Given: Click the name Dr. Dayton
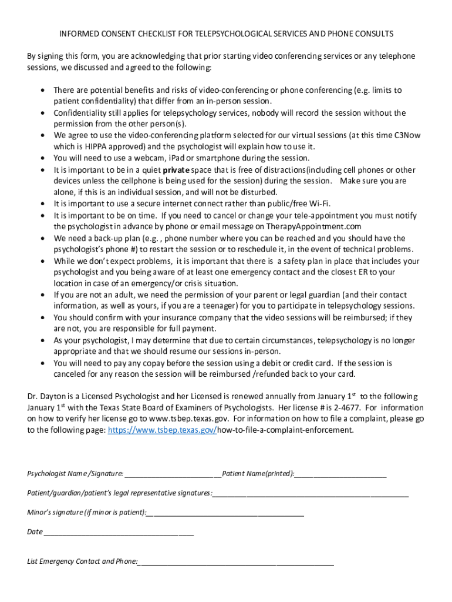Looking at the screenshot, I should [x=47, y=396].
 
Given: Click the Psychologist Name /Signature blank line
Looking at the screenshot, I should [x=173, y=474].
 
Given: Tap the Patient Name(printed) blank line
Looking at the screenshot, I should [x=340, y=474].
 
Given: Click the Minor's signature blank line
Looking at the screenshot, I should [x=225, y=513].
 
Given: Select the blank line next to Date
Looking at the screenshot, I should [x=119, y=532].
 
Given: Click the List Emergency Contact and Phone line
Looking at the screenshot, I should [x=236, y=561].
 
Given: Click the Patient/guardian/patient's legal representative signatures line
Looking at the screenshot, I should [x=311, y=493].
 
